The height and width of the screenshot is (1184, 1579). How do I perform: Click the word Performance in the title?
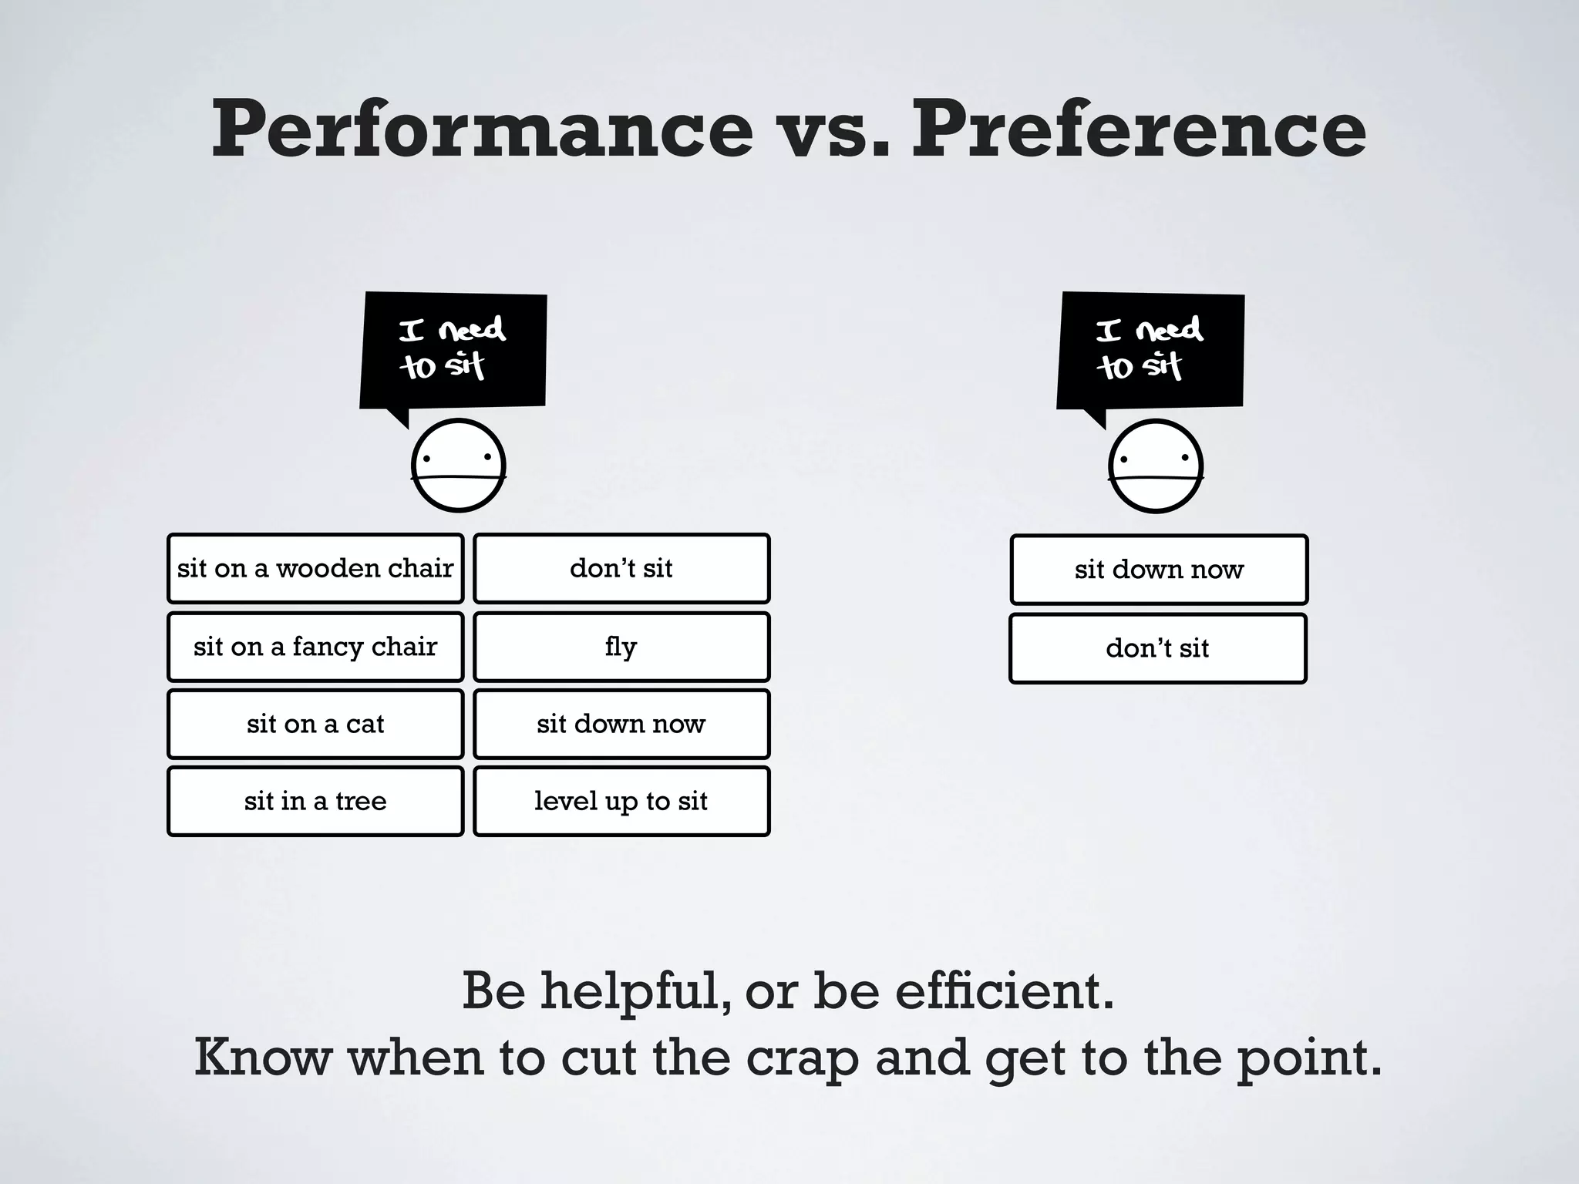click(x=482, y=129)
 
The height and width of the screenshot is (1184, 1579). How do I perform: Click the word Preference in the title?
click(x=1139, y=129)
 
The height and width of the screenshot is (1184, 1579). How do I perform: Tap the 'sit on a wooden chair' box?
click(x=315, y=568)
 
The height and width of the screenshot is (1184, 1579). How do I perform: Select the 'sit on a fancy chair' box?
click(x=315, y=646)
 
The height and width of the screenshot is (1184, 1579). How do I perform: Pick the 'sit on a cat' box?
click(x=315, y=724)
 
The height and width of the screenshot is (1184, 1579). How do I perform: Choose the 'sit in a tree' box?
click(x=315, y=801)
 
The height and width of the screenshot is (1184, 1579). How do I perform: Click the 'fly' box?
click(x=621, y=646)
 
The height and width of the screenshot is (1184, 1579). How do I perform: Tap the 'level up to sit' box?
click(x=621, y=801)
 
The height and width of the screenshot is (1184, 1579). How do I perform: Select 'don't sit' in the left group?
click(x=621, y=568)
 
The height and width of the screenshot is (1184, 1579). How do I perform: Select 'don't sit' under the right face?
click(x=1158, y=648)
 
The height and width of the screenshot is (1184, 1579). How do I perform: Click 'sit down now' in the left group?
click(x=621, y=724)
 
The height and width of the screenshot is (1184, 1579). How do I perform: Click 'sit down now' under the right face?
click(x=1159, y=570)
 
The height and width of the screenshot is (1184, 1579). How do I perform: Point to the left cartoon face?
click(x=459, y=466)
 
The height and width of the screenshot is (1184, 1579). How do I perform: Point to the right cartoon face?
click(x=1156, y=466)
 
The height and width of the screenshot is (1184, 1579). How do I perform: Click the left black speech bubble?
click(x=453, y=351)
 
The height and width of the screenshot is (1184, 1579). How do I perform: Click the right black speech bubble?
click(x=1150, y=351)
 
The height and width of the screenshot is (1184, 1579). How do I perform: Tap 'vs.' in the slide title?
click(x=833, y=129)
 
